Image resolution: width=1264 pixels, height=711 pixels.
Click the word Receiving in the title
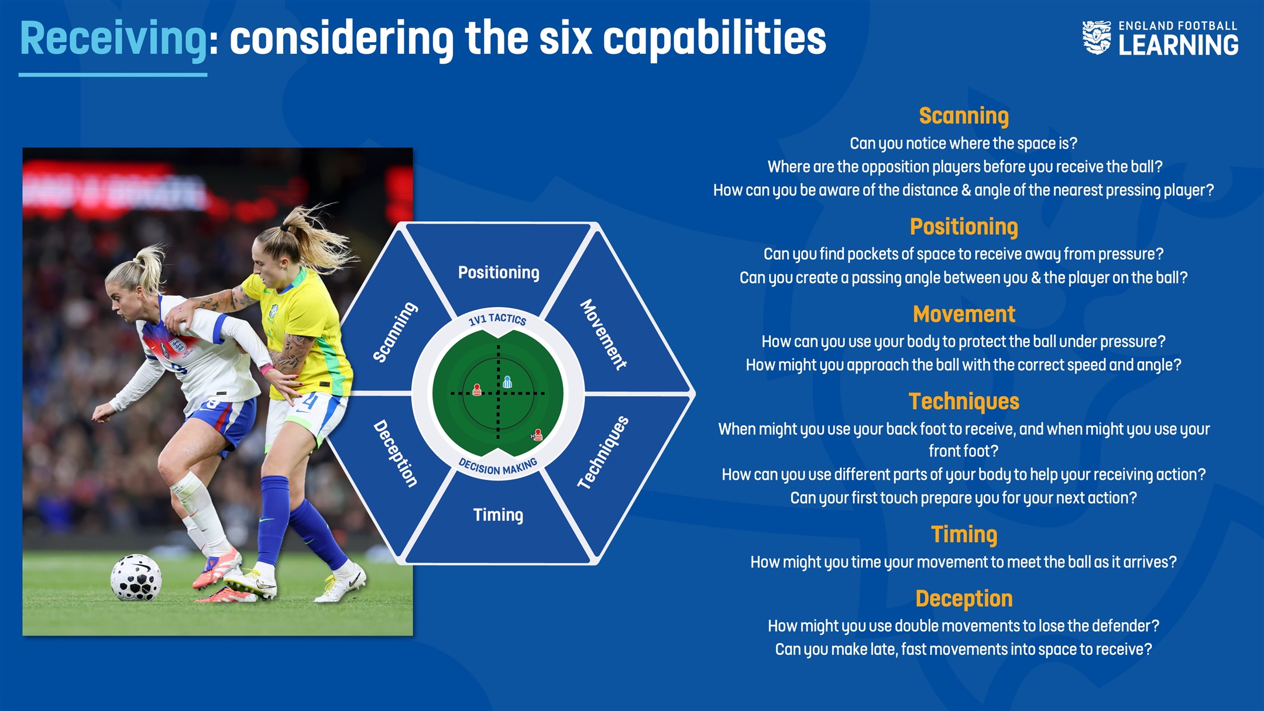click(114, 39)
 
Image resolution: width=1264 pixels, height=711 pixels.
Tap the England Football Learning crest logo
click(1096, 38)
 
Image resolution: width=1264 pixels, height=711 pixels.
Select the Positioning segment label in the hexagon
click(499, 273)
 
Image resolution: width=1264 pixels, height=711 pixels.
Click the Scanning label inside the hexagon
click(396, 332)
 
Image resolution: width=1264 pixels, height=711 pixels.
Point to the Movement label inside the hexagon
click(603, 334)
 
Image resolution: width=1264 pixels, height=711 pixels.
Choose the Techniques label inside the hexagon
click(603, 452)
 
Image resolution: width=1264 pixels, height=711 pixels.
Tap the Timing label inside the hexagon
click(499, 515)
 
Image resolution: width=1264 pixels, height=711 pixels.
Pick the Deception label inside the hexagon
click(396, 454)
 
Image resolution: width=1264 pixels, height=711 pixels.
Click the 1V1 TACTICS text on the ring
click(497, 319)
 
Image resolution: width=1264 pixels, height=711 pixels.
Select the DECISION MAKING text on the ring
click(498, 467)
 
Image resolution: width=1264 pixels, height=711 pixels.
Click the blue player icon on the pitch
click(507, 382)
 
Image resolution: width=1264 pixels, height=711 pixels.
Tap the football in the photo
click(136, 578)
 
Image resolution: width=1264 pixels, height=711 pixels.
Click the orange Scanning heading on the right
click(964, 116)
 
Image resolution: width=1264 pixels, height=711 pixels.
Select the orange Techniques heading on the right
click(964, 401)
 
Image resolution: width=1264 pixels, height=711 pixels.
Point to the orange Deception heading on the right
click(964, 599)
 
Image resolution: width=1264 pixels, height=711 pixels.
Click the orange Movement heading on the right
click(964, 314)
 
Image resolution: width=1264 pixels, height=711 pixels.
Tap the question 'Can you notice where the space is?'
click(964, 143)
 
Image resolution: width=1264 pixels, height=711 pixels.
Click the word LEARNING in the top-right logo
click(1179, 45)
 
